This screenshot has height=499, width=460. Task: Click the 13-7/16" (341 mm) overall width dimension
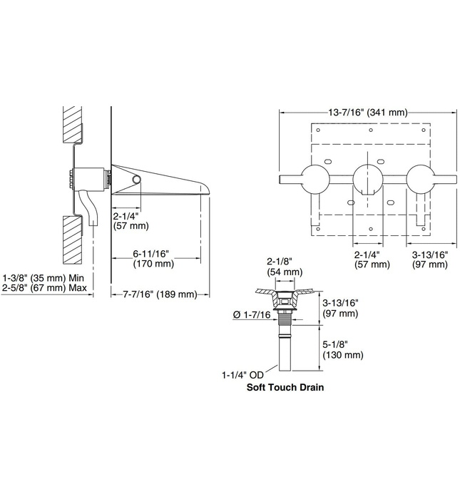[368, 112]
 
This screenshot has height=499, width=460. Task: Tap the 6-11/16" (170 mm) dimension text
[153, 257]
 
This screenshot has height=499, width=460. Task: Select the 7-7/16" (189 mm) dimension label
[159, 294]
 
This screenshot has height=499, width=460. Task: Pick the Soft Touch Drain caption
[285, 389]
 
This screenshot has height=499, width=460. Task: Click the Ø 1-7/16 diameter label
[252, 315]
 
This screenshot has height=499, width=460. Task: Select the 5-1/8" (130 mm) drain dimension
[343, 349]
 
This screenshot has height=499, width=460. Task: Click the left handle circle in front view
[312, 178]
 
